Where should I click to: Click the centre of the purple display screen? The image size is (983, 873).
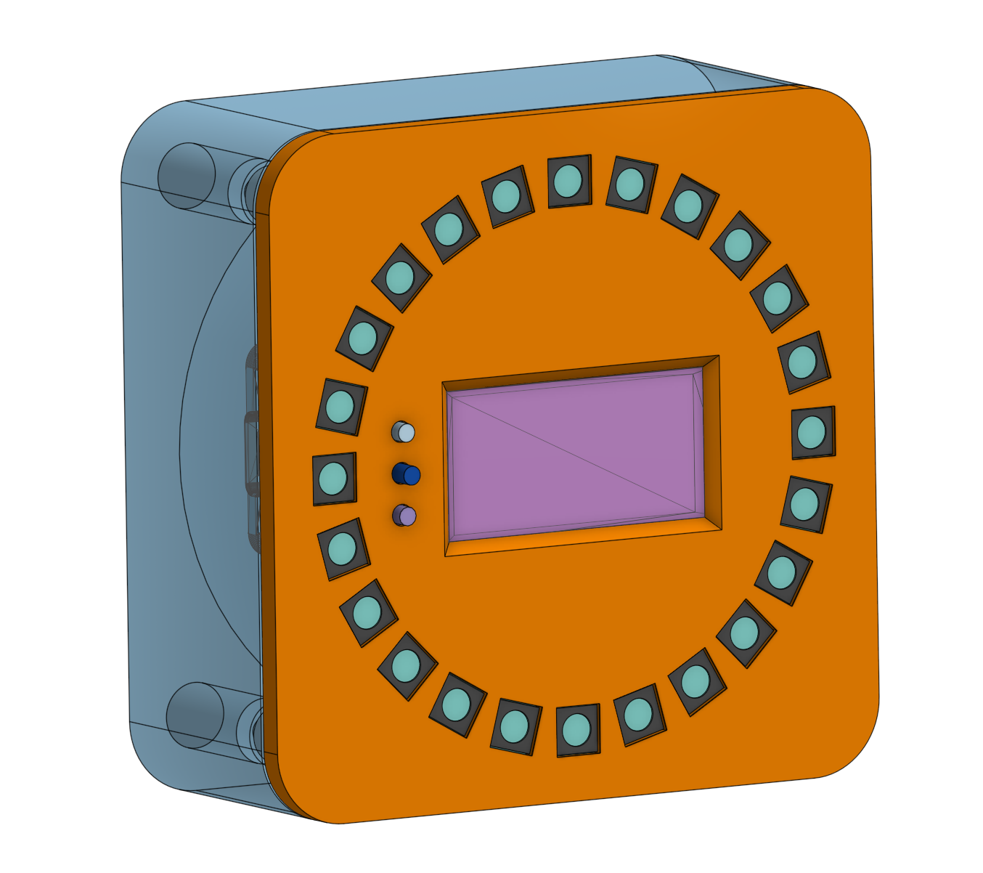click(574, 454)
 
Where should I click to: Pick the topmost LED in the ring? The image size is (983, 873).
click(568, 181)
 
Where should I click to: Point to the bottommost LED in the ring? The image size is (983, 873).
click(577, 728)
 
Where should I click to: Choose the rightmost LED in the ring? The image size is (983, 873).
click(812, 433)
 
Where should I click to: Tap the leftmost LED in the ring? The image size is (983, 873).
click(334, 479)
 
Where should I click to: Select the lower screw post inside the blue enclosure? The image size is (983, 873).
click(195, 715)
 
